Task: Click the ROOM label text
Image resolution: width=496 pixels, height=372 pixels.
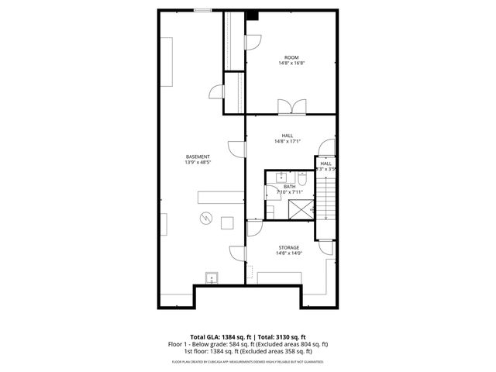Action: [x=291, y=57]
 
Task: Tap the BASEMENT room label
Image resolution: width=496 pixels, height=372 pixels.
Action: [x=198, y=157]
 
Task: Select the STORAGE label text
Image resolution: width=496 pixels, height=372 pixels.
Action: [x=289, y=248]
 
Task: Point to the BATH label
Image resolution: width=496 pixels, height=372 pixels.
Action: [x=289, y=186]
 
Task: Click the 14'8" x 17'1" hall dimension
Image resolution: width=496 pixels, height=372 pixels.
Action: [x=287, y=142]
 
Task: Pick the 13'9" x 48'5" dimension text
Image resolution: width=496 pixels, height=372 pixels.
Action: [x=198, y=163]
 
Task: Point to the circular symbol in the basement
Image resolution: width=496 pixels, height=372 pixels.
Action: [x=205, y=218]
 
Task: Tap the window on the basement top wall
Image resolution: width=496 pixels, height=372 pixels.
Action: [x=202, y=10]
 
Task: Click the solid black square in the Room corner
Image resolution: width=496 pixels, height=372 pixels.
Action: [x=252, y=15]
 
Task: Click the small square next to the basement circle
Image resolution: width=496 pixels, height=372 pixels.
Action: [x=227, y=222]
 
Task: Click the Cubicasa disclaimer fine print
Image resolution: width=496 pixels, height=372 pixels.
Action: [x=247, y=362]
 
